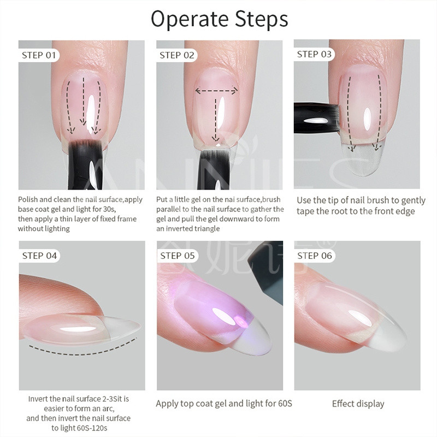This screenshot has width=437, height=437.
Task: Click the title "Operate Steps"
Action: click(220, 19)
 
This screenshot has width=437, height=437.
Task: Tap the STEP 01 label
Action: click(39, 55)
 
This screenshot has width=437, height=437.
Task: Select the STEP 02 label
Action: click(176, 55)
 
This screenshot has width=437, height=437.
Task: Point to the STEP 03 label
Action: click(314, 54)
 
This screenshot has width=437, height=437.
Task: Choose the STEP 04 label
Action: click(39, 256)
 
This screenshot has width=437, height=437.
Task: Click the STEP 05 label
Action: click(177, 256)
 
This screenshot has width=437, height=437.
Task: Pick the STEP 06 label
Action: click(315, 256)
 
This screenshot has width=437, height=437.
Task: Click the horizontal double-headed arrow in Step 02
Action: click(216, 91)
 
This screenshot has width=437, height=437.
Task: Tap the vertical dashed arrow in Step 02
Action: click(215, 120)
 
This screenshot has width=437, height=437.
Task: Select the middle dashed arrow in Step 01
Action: click(84, 101)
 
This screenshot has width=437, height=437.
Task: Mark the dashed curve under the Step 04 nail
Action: click(83, 351)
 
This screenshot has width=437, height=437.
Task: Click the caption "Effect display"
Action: click(358, 404)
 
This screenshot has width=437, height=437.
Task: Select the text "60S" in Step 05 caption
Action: click(285, 403)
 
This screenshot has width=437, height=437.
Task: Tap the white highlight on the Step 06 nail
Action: click(360, 318)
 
